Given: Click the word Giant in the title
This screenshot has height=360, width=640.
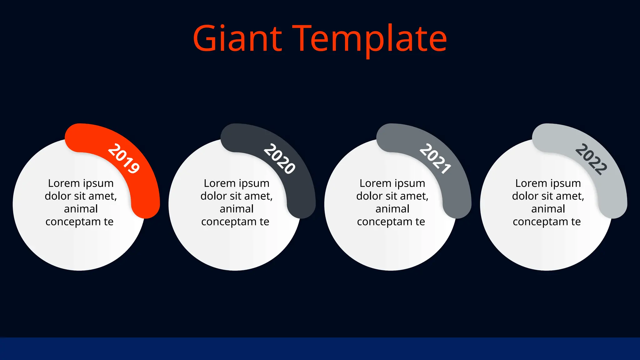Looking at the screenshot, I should tap(237, 39).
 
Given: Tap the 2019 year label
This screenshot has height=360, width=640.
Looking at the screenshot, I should tap(123, 158).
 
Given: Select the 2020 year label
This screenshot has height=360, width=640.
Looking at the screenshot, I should tap(279, 158).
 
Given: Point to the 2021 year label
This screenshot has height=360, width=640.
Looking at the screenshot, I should tap(435, 158).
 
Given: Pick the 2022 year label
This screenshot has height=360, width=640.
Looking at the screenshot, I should tap(591, 159).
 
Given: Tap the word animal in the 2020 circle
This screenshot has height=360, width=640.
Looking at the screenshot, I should tap(237, 209).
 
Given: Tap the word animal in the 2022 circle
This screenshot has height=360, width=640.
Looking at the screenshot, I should tap(548, 209).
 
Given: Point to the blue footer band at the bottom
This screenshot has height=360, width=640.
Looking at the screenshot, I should tap(320, 349).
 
